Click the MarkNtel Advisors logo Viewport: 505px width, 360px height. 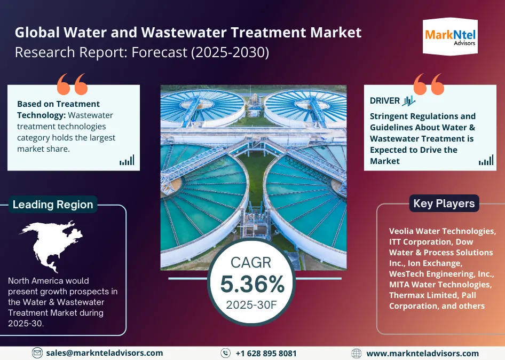(x=450, y=36)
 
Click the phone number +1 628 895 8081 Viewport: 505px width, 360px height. (x=266, y=353)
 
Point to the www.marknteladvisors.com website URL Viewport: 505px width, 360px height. (x=422, y=353)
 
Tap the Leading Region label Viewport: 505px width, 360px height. (x=52, y=205)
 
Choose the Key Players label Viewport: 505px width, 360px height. (x=444, y=204)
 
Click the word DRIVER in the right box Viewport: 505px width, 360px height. (x=384, y=101)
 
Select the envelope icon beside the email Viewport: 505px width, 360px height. (x=37, y=353)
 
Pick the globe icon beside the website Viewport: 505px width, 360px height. (x=357, y=353)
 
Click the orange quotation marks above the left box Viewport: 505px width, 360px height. (x=72, y=84)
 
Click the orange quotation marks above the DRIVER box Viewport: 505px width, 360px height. (x=428, y=84)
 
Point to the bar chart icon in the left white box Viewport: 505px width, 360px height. (x=127, y=160)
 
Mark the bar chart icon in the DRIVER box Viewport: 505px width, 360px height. (x=486, y=160)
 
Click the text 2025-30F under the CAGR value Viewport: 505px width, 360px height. (x=252, y=305)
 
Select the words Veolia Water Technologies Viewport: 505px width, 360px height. (x=442, y=231)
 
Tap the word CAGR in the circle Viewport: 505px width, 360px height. (x=251, y=262)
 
